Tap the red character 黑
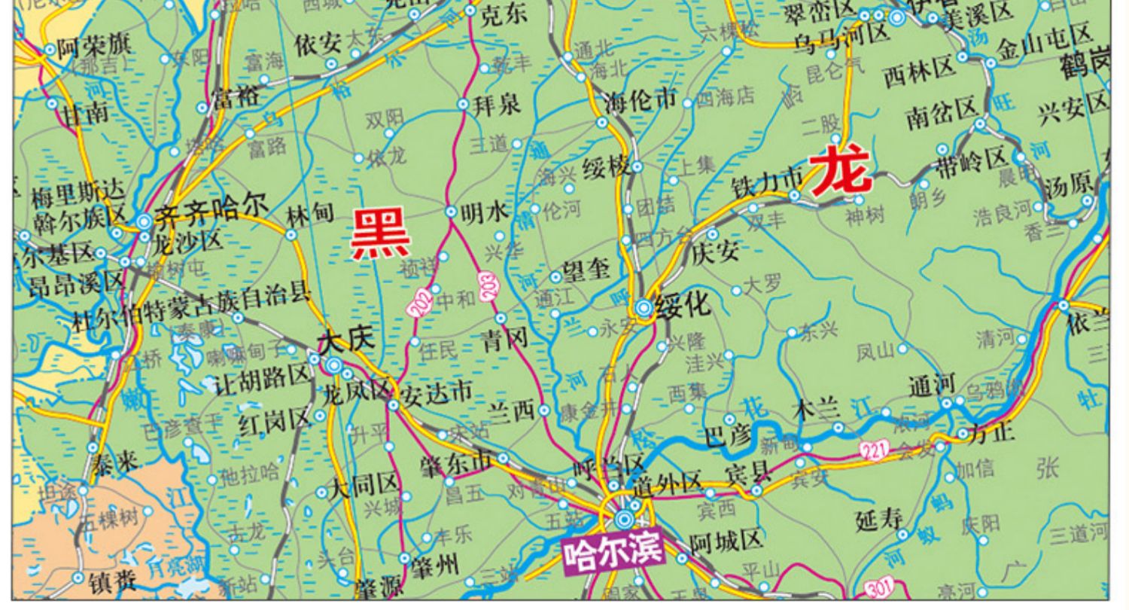click(382, 234)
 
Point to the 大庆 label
click(345, 340)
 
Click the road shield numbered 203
click(490, 289)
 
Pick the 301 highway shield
click(879, 587)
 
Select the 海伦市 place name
click(642, 99)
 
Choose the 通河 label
click(931, 386)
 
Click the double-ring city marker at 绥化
click(644, 307)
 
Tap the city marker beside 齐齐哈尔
click(144, 221)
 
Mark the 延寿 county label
click(879, 518)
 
